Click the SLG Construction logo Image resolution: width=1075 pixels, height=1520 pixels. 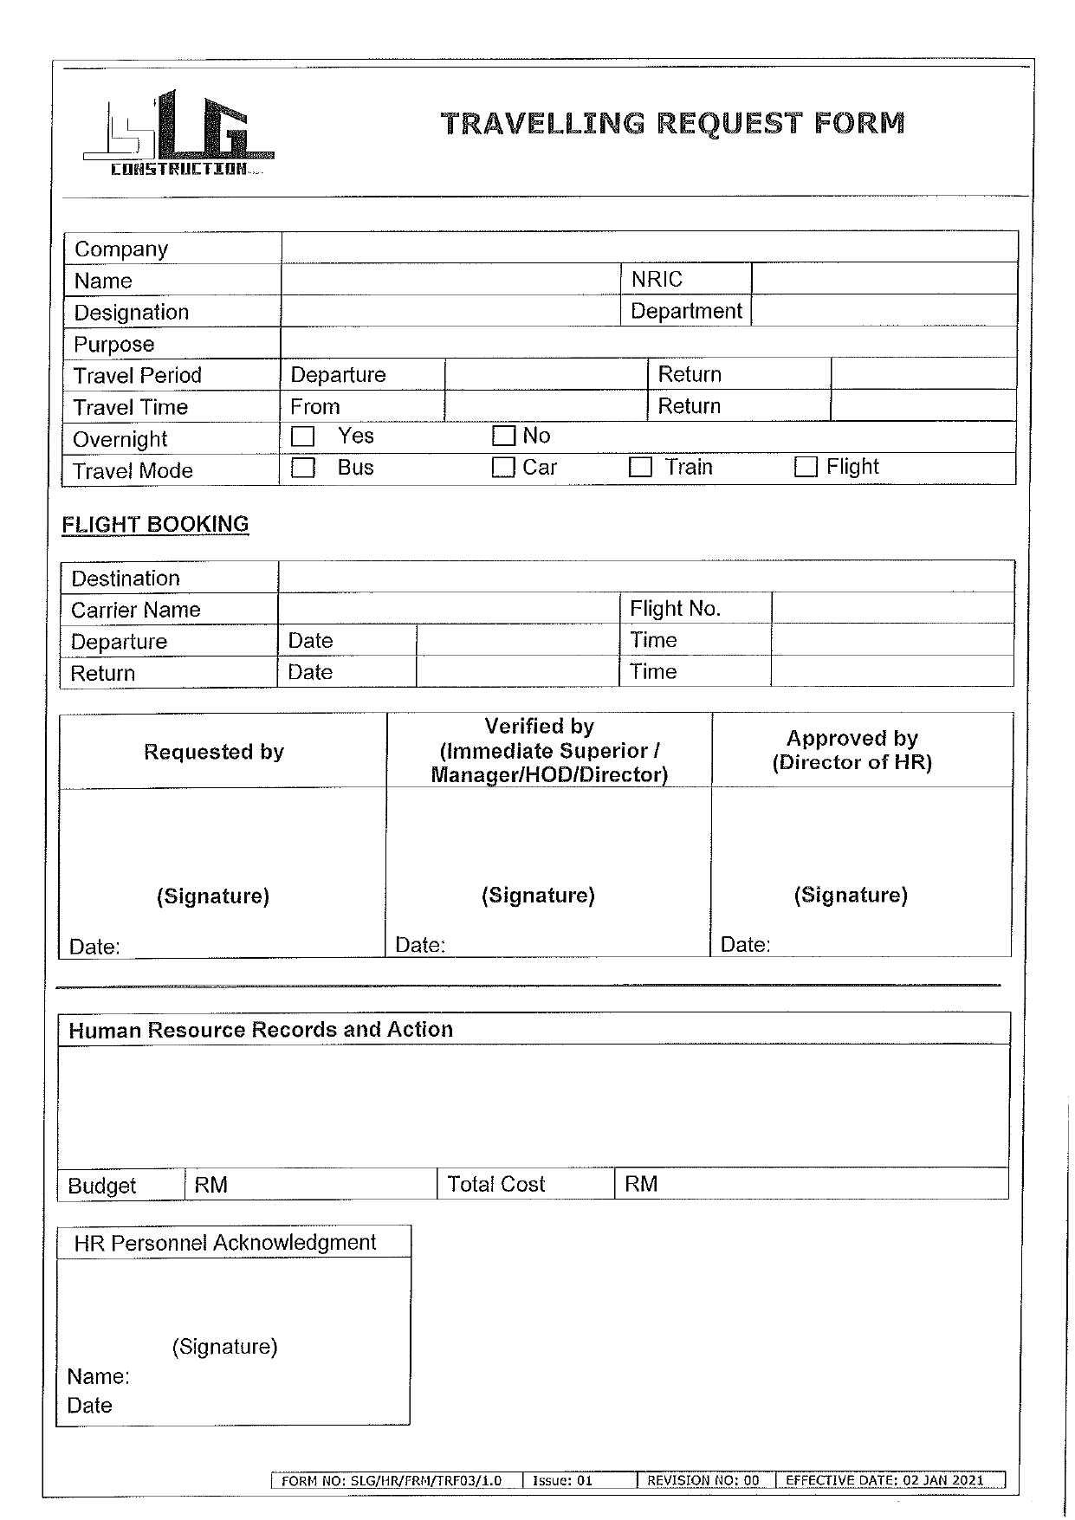point(178,134)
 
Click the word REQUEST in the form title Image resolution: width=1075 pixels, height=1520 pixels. point(729,124)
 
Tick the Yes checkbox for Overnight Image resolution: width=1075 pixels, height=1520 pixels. point(302,437)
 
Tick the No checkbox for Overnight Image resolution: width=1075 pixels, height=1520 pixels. point(503,436)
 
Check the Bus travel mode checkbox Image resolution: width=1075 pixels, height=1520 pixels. point(302,468)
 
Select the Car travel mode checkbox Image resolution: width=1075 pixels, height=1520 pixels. point(503,468)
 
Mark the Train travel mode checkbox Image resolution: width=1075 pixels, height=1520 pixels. point(640,468)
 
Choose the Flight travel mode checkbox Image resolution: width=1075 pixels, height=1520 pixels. point(806,468)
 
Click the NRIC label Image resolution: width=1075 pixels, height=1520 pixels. point(657,280)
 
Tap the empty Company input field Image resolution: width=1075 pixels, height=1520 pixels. point(648,248)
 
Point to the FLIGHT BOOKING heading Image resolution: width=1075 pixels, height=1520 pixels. point(155,525)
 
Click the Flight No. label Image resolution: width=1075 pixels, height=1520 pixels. point(675,609)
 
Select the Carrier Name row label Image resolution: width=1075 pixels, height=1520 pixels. point(136,611)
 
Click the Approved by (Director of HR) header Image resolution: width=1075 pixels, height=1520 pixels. point(852,750)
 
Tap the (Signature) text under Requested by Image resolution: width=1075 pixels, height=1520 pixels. point(213,896)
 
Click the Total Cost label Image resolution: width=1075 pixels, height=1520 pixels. point(495,1184)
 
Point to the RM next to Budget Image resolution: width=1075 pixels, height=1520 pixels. point(210,1185)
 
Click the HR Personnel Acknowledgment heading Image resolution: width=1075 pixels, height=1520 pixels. point(225,1243)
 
